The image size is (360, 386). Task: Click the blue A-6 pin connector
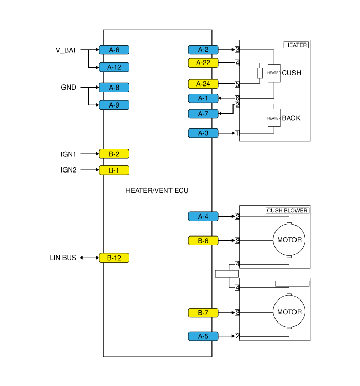coord(114,50)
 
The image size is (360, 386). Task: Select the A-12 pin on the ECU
coord(114,67)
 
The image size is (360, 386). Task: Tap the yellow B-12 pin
coord(114,258)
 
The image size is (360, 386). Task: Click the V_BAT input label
coord(66,50)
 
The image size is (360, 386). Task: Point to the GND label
coord(69,88)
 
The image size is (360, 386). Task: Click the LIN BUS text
coord(63,258)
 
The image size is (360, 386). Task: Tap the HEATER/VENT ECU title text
coord(157,190)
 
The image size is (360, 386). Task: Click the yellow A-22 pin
coord(203,63)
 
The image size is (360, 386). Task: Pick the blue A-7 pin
coord(203,114)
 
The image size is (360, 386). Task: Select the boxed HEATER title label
coord(296,45)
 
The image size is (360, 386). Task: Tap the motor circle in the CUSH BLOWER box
coord(289,240)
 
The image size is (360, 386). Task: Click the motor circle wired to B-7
coord(289,312)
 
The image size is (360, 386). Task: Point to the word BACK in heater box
coord(291,118)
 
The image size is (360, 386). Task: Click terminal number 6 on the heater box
coord(237,98)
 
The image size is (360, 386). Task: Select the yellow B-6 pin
coord(203,240)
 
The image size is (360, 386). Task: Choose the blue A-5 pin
coord(203,336)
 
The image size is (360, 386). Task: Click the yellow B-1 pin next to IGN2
coord(114,170)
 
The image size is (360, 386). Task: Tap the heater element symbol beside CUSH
coord(274,73)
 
